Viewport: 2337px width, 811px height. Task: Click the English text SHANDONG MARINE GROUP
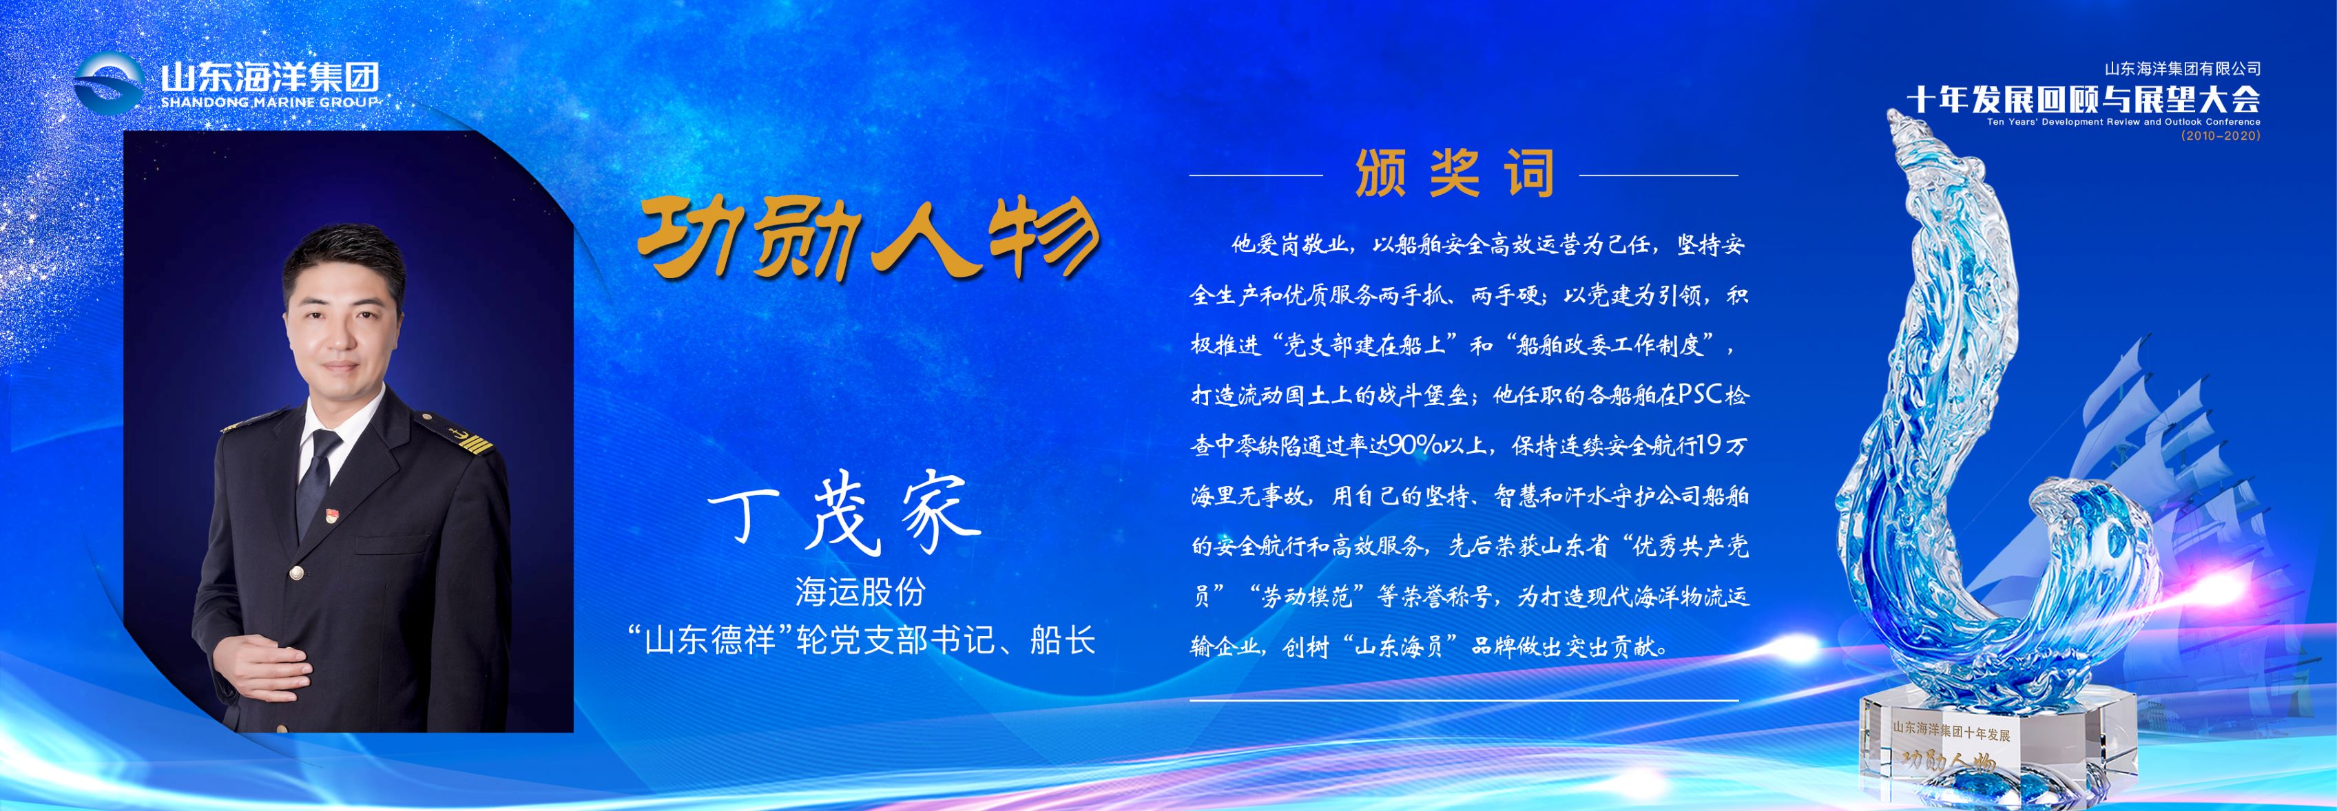(269, 103)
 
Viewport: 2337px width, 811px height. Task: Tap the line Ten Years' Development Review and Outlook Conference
(2123, 122)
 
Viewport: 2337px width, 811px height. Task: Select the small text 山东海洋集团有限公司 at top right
(2183, 69)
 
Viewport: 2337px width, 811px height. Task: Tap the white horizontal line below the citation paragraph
(1464, 700)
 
